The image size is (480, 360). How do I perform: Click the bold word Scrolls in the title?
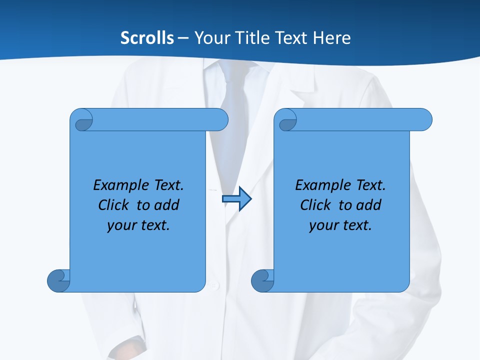click(147, 38)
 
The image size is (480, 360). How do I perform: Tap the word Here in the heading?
click(331, 38)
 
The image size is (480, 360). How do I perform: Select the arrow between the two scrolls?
click(236, 199)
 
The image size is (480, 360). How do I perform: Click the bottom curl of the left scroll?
click(58, 280)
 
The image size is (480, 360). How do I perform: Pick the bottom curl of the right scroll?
click(262, 280)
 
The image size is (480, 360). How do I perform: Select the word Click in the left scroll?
click(115, 205)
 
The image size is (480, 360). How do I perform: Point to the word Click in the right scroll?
click(317, 205)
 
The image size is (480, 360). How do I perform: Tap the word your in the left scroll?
click(120, 225)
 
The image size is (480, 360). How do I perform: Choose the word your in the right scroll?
click(322, 225)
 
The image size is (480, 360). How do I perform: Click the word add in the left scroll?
click(166, 205)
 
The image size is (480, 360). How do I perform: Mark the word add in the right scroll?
click(368, 205)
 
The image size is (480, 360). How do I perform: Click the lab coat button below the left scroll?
click(215, 286)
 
